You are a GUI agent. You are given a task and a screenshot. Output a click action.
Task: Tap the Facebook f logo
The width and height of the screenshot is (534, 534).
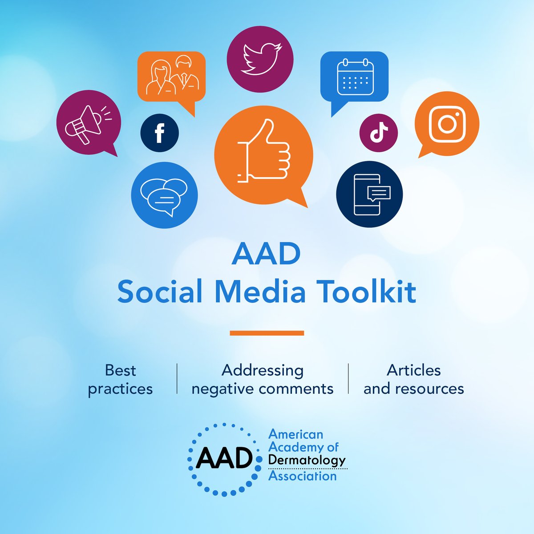coord(159,133)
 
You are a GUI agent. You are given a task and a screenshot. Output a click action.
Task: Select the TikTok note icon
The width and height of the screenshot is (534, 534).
coord(379,133)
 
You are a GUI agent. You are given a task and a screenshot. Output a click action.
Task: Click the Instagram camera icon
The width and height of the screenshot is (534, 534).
coord(447,124)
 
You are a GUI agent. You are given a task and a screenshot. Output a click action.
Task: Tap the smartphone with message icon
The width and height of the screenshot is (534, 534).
coord(369,194)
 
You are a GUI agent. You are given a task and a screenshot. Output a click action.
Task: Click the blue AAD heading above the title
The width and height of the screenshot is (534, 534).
coord(266,255)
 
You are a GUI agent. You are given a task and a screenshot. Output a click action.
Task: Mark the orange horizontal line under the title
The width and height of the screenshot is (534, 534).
coord(267,333)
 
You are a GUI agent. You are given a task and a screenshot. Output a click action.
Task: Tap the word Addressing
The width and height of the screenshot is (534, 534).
coord(263,370)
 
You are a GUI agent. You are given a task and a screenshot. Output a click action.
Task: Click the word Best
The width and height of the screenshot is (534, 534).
coord(120,370)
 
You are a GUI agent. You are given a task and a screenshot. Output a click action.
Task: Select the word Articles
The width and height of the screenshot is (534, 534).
coord(414,370)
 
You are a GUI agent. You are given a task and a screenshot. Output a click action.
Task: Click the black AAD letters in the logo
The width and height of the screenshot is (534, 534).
coord(224,459)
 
